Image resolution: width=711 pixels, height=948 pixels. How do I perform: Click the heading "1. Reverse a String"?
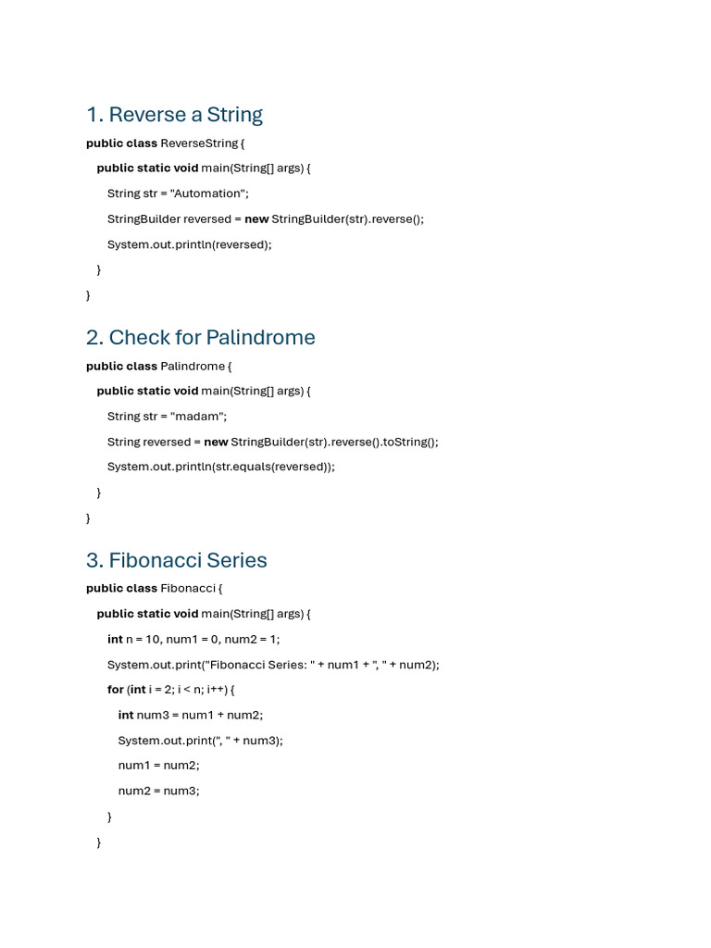click(x=174, y=115)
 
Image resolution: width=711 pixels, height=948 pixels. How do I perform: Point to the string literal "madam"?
click(x=197, y=417)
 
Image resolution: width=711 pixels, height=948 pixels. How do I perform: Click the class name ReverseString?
click(x=199, y=143)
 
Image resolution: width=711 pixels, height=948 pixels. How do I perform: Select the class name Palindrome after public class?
click(x=192, y=366)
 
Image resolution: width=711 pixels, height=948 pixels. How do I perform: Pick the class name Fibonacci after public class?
click(x=188, y=588)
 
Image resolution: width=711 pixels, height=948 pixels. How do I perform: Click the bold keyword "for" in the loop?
click(x=115, y=690)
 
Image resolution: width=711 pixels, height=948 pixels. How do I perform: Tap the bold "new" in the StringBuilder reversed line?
click(x=256, y=219)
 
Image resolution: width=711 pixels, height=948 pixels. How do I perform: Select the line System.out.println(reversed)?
click(x=190, y=244)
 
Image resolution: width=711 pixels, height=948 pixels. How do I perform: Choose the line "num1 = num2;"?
click(x=158, y=766)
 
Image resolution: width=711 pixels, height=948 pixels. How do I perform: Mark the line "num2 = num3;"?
click(x=158, y=791)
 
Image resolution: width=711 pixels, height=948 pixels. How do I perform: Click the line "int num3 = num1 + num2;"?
click(x=191, y=715)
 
